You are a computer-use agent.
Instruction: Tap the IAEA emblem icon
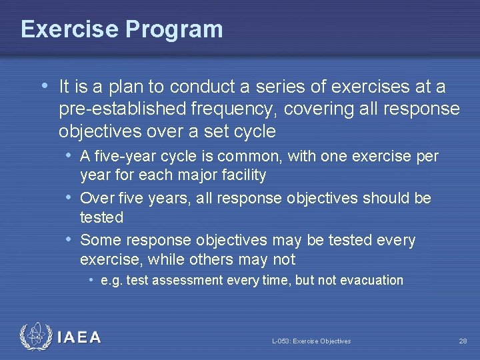[35, 337]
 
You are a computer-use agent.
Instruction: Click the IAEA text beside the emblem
[79, 338]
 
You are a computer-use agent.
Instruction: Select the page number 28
[463, 341]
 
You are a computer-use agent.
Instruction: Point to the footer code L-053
[281, 341]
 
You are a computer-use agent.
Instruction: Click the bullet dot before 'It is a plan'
[44, 86]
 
